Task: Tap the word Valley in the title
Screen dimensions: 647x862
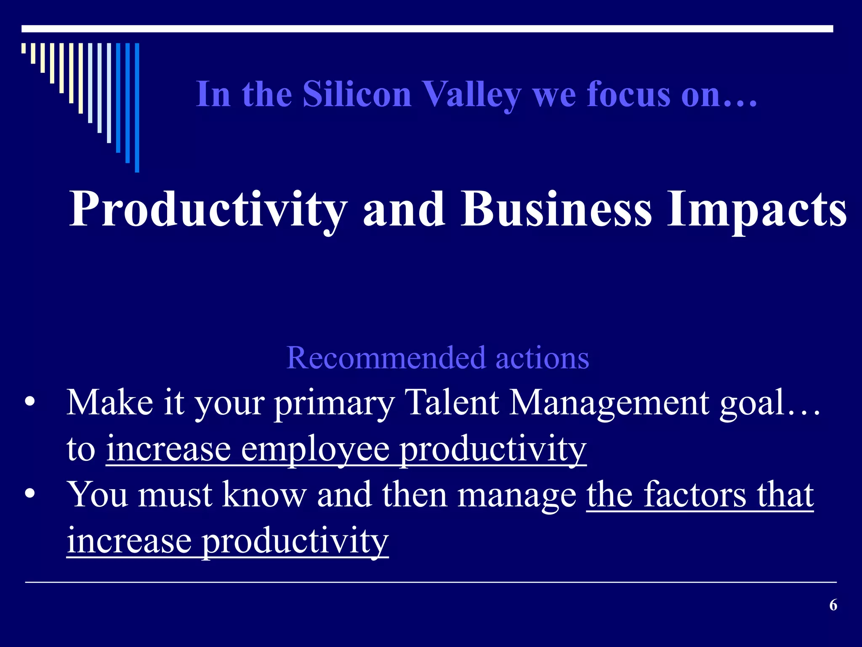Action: [471, 95]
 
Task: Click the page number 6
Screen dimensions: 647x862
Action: [833, 605]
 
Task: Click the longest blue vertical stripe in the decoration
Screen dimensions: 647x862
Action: [137, 107]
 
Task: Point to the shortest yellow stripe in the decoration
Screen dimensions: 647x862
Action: [24, 48]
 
